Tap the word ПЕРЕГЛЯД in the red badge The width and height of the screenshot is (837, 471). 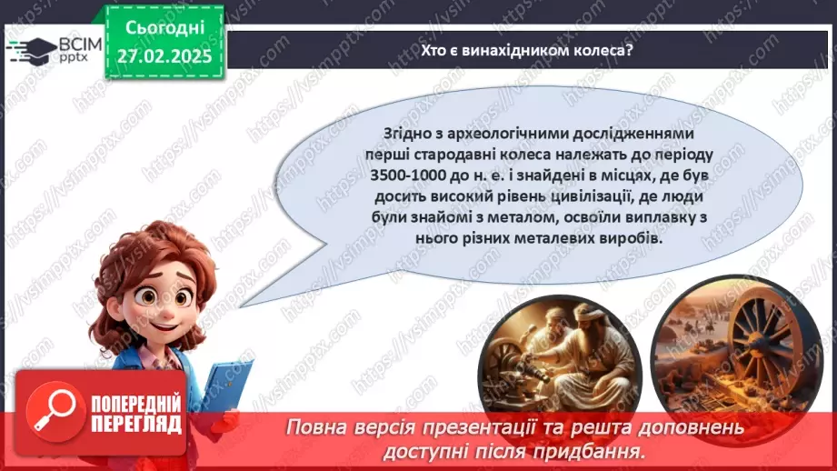[x=135, y=423]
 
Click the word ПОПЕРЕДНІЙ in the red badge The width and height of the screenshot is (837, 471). [x=135, y=403]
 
